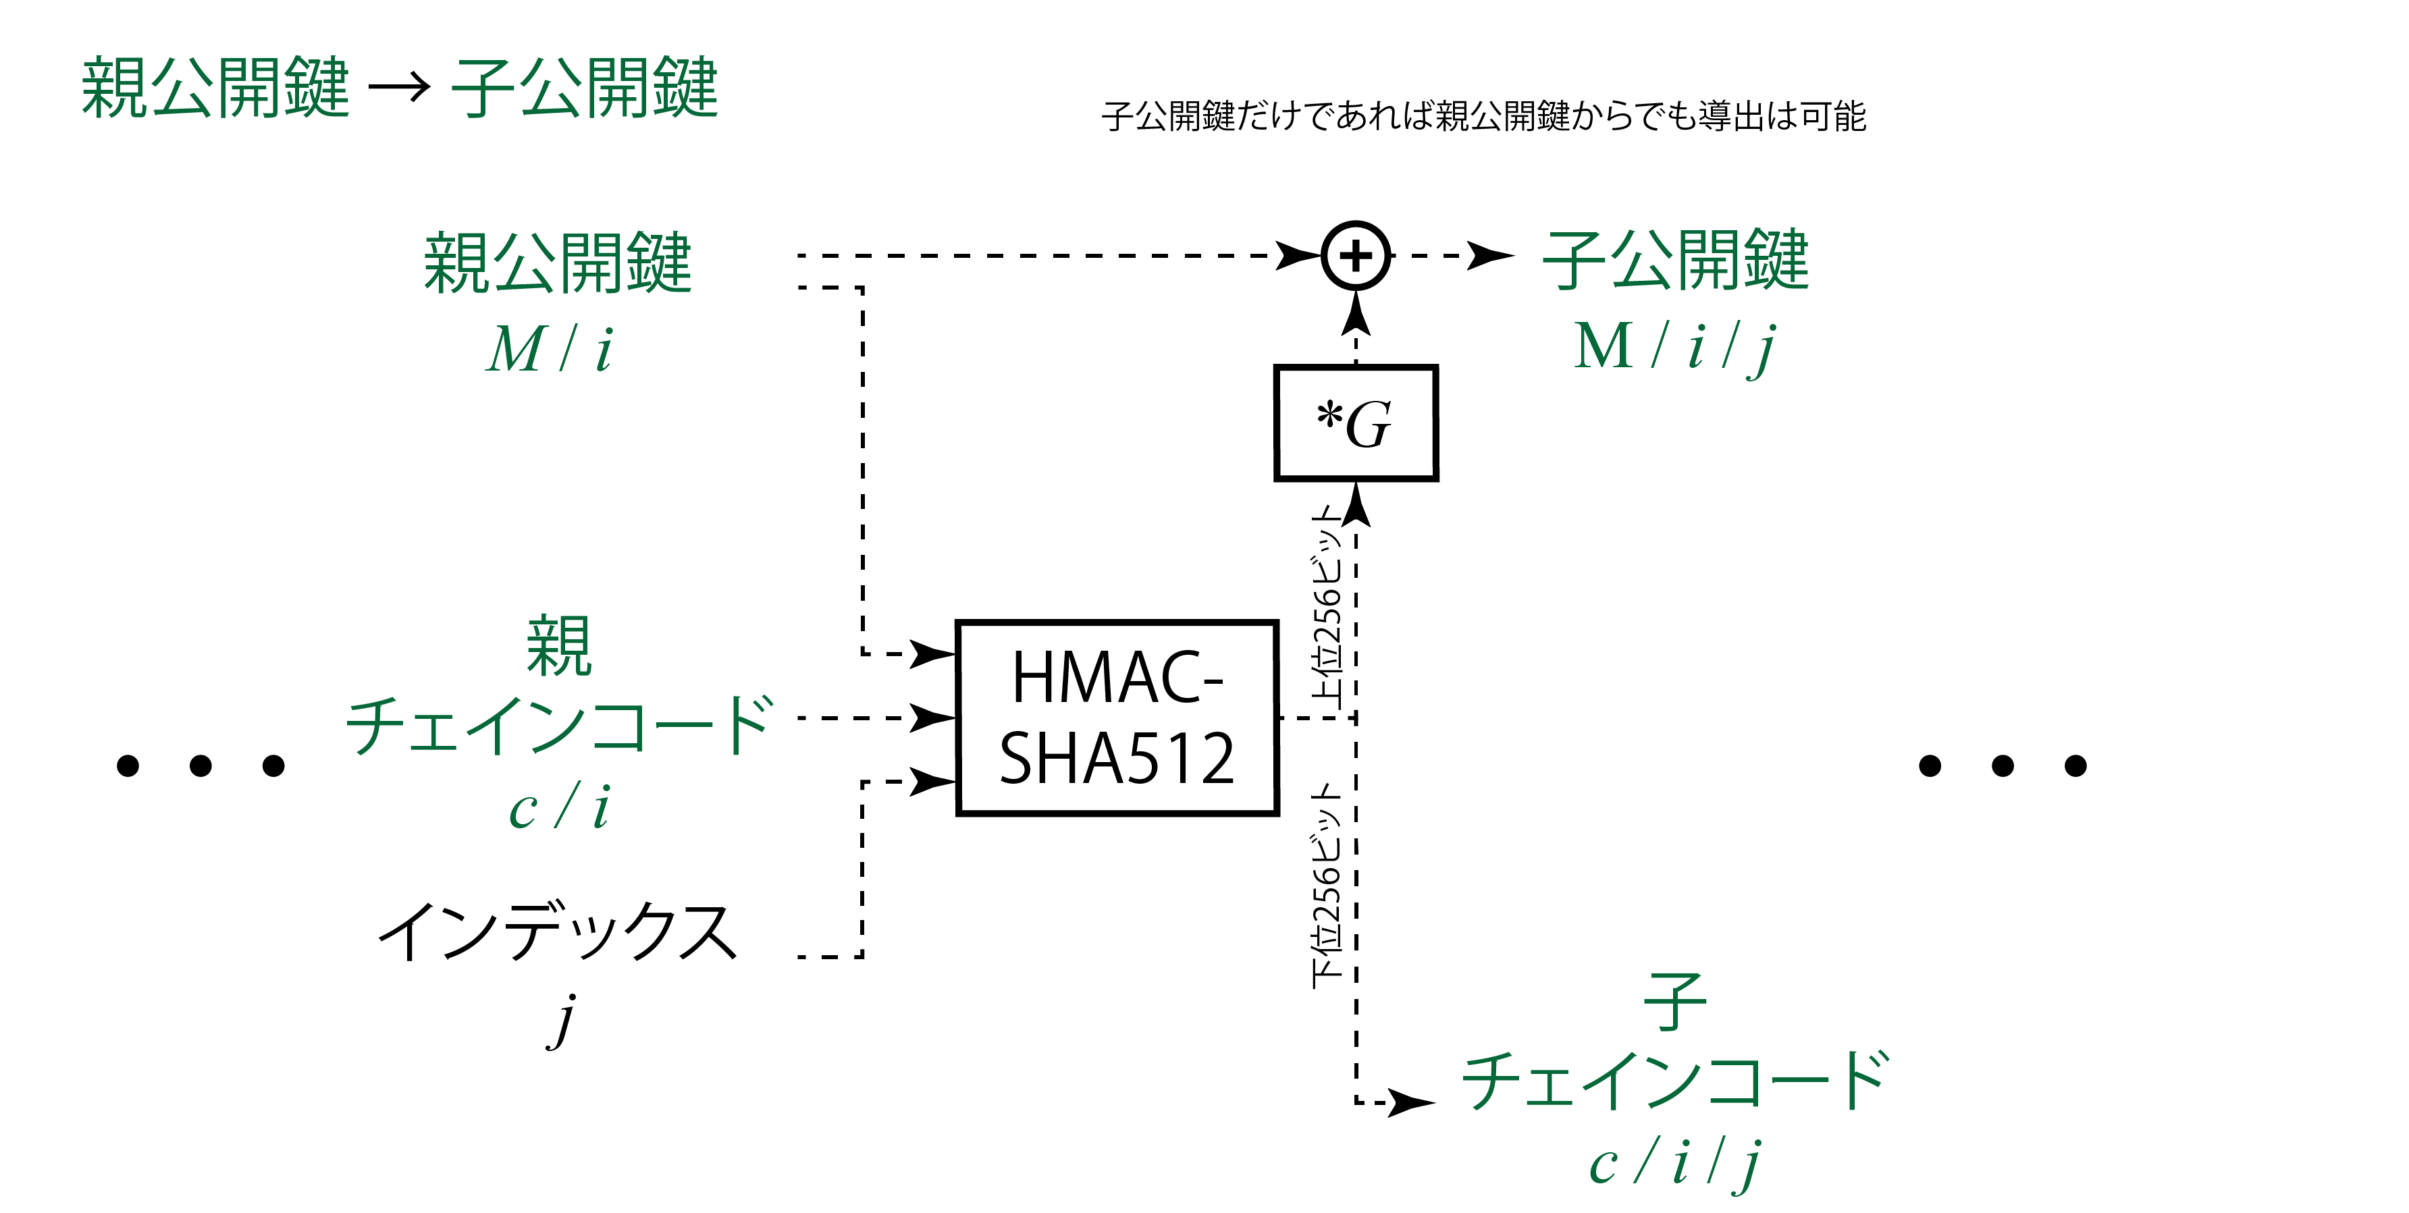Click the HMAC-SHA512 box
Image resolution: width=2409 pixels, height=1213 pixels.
pos(1117,718)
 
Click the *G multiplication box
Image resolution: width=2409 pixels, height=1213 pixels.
pos(1355,423)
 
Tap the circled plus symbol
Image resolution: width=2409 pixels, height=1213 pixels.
pos(1356,255)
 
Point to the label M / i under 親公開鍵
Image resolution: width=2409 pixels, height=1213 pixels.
pos(550,350)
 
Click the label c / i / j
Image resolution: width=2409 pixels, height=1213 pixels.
pos(1674,1164)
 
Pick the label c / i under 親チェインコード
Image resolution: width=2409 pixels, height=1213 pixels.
pos(559,806)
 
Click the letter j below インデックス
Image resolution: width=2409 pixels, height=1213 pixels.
pos(563,1021)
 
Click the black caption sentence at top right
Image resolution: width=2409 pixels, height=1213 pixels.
pos(1483,116)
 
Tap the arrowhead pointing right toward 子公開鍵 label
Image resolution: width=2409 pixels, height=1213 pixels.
pos(1489,255)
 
